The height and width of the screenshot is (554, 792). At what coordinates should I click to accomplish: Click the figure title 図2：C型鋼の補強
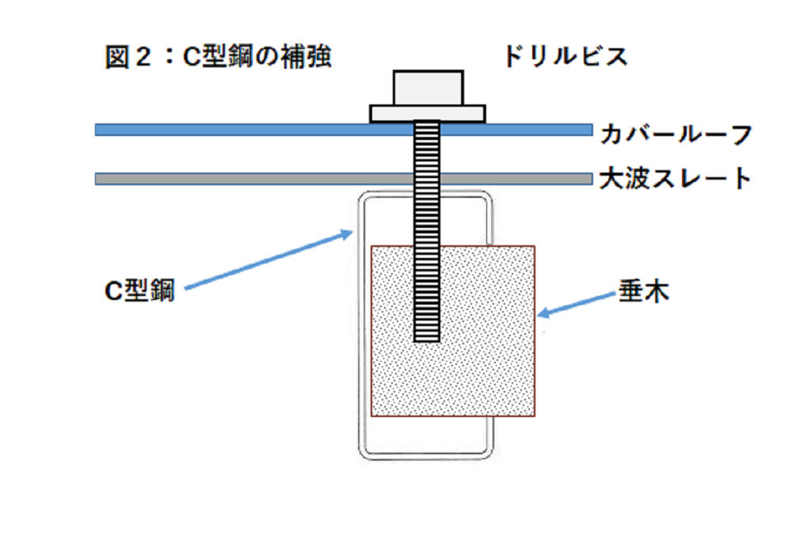click(x=217, y=58)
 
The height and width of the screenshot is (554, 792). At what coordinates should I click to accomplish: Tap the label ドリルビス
click(x=565, y=57)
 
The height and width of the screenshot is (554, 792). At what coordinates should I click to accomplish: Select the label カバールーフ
click(x=674, y=134)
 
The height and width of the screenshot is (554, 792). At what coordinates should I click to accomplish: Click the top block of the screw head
click(x=428, y=88)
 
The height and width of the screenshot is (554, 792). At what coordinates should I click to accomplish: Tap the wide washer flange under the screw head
click(x=428, y=114)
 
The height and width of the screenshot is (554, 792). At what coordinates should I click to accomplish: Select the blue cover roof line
click(x=238, y=130)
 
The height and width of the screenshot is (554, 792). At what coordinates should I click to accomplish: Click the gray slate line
click(x=238, y=179)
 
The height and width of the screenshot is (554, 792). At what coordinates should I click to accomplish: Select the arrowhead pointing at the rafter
click(x=542, y=314)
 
